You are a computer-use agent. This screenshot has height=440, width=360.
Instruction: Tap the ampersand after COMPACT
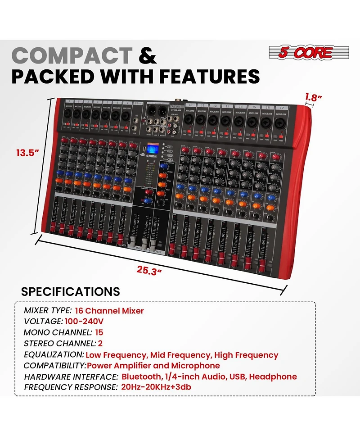pos(148,56)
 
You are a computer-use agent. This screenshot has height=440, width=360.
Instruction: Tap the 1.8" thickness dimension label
pos(315,96)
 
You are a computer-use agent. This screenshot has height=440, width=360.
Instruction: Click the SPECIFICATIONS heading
pos(71,291)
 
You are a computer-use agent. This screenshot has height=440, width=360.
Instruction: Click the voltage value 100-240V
pos(84,322)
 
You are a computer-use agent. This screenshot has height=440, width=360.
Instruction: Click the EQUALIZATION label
pos(54,355)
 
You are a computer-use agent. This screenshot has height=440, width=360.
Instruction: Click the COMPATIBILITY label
pos(54,366)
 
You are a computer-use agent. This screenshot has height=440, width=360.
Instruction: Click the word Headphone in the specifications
pos(275,376)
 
